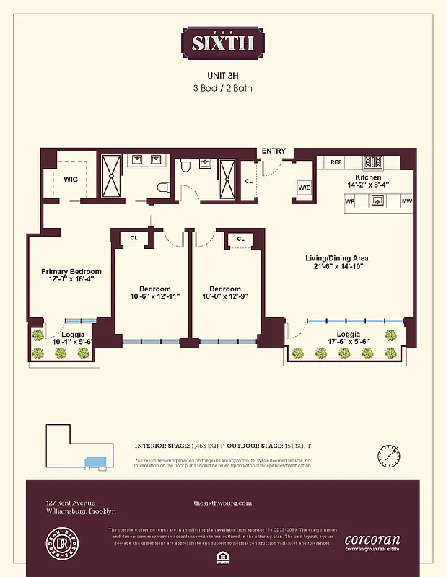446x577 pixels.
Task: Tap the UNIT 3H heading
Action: point(223,75)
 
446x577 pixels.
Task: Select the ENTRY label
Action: point(274,151)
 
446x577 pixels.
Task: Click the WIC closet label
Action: point(71,179)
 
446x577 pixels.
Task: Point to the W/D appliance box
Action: point(305,188)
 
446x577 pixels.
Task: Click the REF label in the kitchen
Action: point(336,162)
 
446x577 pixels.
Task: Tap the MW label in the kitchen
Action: point(406,201)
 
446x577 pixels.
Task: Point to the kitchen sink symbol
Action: point(377,201)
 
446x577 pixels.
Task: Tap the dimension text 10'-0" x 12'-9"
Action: point(224,296)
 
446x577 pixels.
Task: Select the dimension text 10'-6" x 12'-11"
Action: point(154,296)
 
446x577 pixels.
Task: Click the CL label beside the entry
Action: point(248,182)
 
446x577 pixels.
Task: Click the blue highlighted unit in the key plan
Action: point(94,461)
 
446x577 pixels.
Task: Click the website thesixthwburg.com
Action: point(223,503)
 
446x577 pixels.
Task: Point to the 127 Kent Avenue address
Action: point(71,503)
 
